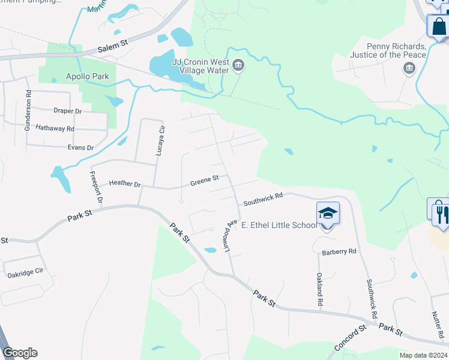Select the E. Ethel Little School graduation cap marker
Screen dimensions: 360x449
[328, 213]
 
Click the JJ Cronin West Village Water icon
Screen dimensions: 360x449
[238, 65]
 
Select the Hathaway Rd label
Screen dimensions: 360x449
[55, 128]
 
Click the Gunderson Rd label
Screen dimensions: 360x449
[28, 111]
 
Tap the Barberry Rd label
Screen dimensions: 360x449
[339, 252]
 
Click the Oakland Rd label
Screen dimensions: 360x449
[320, 290]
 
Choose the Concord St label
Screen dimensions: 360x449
[350, 338]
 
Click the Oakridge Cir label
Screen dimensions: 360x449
[25, 272]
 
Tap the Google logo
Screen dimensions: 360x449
[20, 353]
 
